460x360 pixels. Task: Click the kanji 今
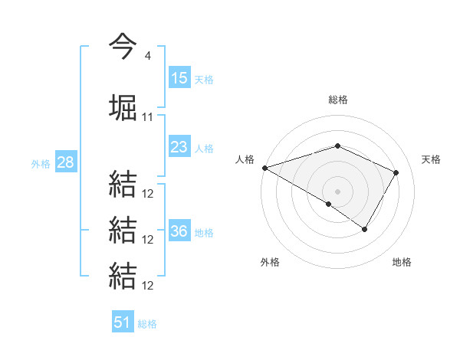[x=123, y=46]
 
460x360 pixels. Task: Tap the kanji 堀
[x=123, y=108]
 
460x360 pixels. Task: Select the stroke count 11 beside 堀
[x=148, y=117]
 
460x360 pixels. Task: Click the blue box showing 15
[x=179, y=78]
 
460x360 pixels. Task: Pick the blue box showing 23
[x=179, y=147]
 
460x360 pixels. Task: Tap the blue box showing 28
[x=65, y=162]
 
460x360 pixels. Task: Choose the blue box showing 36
[x=179, y=231]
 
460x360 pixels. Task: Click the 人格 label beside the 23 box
[x=204, y=148]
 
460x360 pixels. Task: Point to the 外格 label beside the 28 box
[x=41, y=163]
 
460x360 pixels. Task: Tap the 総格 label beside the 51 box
[x=147, y=323]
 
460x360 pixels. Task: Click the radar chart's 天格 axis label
[x=432, y=159]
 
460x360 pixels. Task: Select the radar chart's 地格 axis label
[x=402, y=262]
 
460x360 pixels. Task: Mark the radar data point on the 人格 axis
[x=264, y=167]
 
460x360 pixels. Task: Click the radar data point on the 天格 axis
[x=396, y=172]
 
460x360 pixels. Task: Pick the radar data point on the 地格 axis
[x=365, y=229]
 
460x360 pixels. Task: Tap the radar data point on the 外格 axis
[x=329, y=204]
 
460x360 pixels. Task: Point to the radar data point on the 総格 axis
[x=337, y=146]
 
